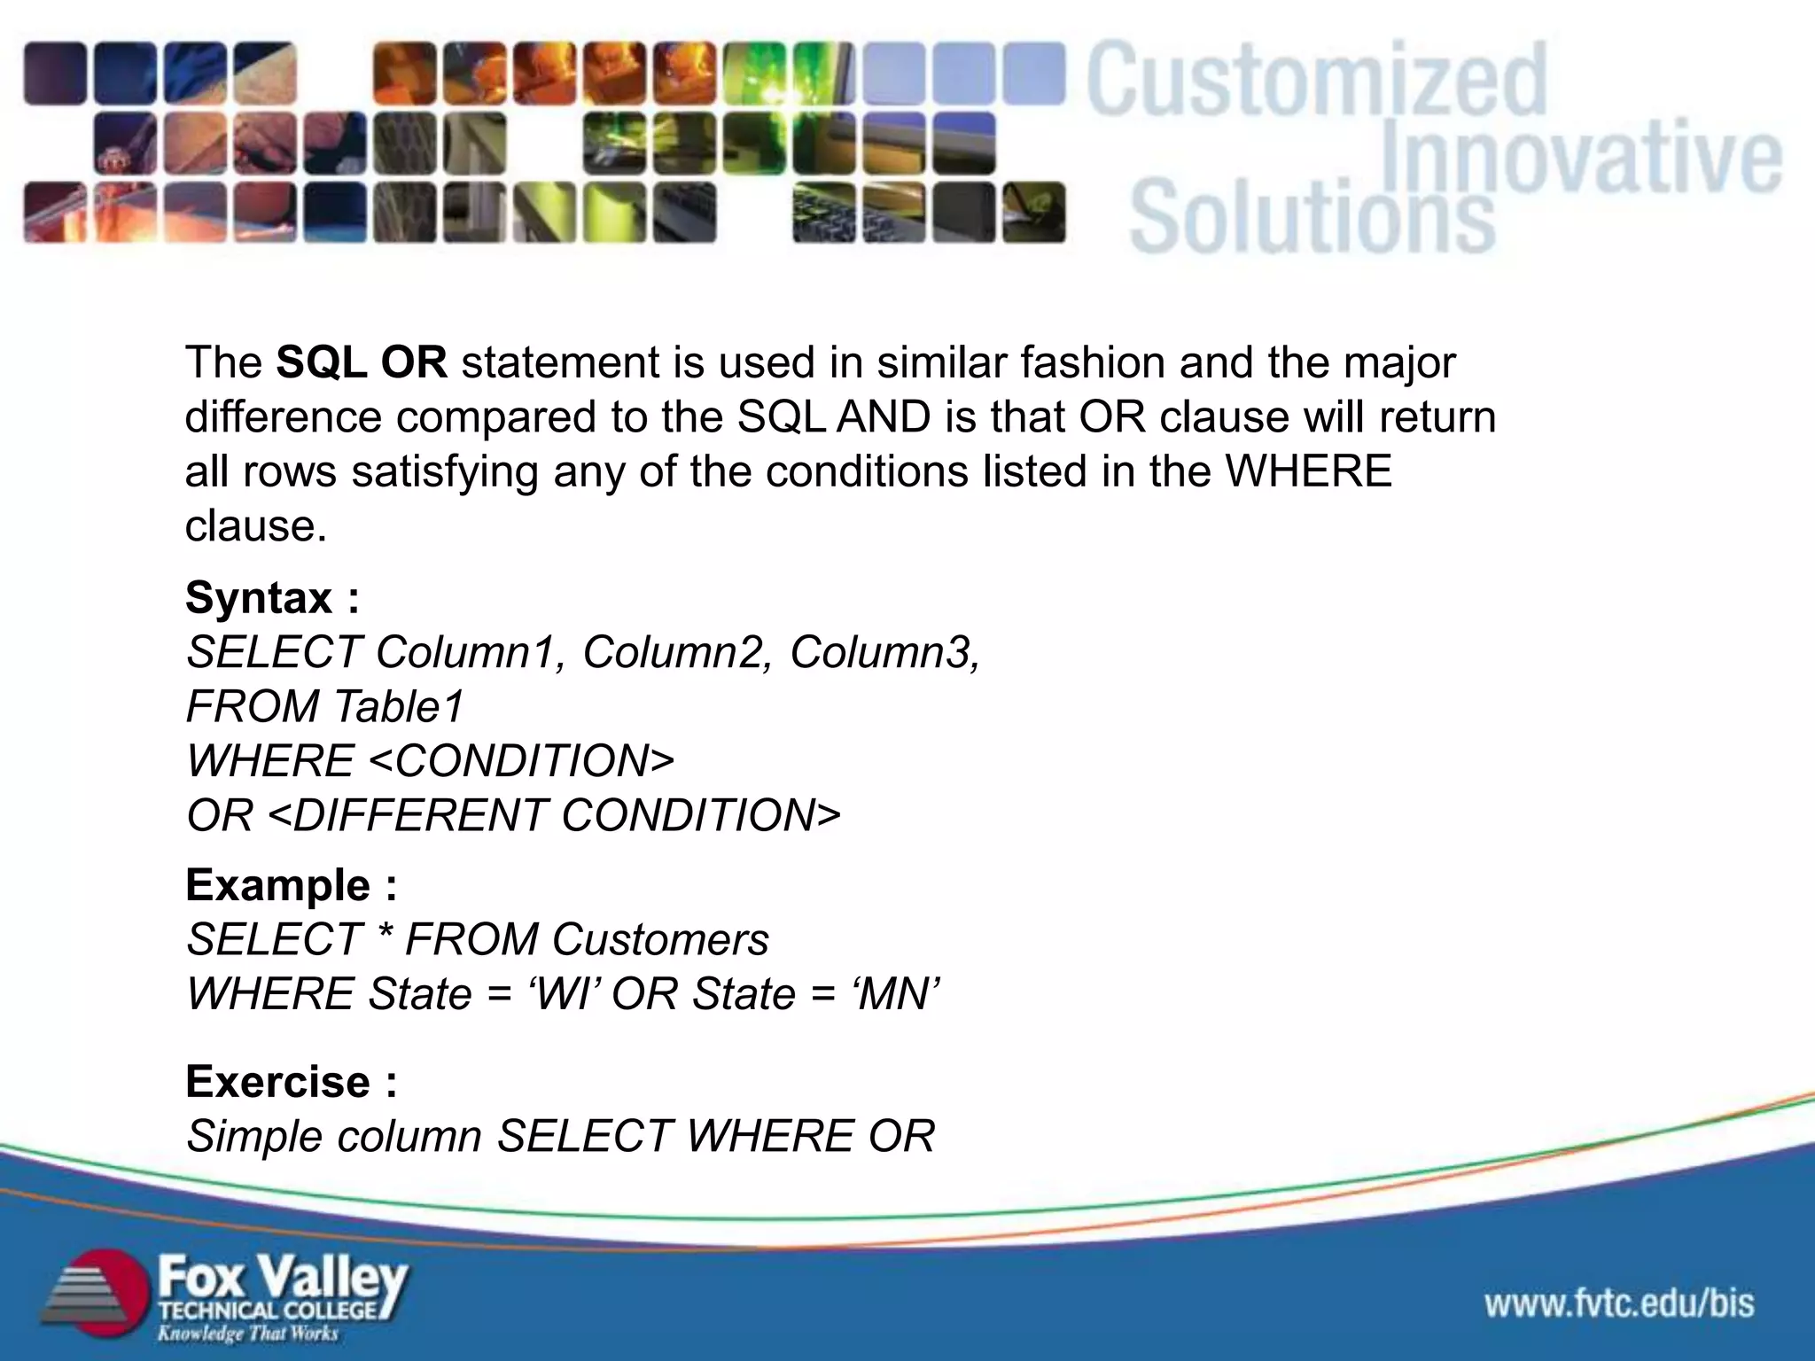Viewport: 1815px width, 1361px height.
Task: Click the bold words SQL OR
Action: pos(361,363)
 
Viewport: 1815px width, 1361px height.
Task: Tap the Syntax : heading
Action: pos(272,598)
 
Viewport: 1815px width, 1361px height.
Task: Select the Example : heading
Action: pos(291,885)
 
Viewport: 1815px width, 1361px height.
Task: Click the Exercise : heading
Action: pos(291,1082)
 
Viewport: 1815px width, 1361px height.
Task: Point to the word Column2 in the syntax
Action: pos(677,653)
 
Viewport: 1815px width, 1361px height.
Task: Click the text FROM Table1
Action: pos(324,707)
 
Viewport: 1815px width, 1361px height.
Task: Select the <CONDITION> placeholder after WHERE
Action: pos(520,762)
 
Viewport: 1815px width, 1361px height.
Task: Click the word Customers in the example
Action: pos(660,940)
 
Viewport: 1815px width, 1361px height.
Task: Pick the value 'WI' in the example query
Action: pos(565,994)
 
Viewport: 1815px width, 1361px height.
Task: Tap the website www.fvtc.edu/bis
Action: pos(1619,1303)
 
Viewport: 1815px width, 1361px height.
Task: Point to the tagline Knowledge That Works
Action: pos(248,1334)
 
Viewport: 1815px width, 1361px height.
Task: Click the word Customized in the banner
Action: pos(1316,82)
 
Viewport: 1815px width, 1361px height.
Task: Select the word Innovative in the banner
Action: pos(1580,159)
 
